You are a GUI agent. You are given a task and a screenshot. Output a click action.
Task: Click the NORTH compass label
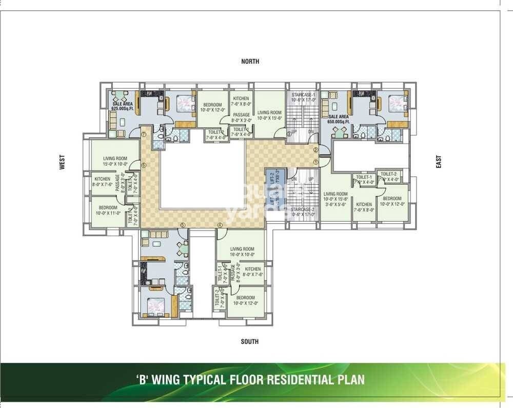pos(250,62)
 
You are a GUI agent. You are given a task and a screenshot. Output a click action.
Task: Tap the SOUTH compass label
pos(250,342)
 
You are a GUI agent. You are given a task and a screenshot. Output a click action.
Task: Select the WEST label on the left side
pos(62,163)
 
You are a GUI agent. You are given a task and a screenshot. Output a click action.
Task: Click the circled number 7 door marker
pos(144,134)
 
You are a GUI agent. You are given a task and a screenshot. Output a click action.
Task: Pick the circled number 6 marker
pos(144,165)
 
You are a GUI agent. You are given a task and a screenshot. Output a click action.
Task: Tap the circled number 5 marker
pos(182,225)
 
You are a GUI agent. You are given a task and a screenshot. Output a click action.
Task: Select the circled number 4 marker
pos(220,225)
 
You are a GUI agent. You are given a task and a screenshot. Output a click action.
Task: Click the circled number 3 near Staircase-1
pos(289,134)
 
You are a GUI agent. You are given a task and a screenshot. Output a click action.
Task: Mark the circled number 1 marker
pos(316,161)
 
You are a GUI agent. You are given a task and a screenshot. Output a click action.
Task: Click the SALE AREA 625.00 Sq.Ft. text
pos(123,106)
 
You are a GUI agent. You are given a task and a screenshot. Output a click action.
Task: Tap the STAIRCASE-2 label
pos(302,212)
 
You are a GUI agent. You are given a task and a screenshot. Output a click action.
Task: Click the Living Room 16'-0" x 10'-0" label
pos(242,251)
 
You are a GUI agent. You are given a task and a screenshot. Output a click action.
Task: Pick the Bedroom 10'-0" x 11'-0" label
pos(108,210)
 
